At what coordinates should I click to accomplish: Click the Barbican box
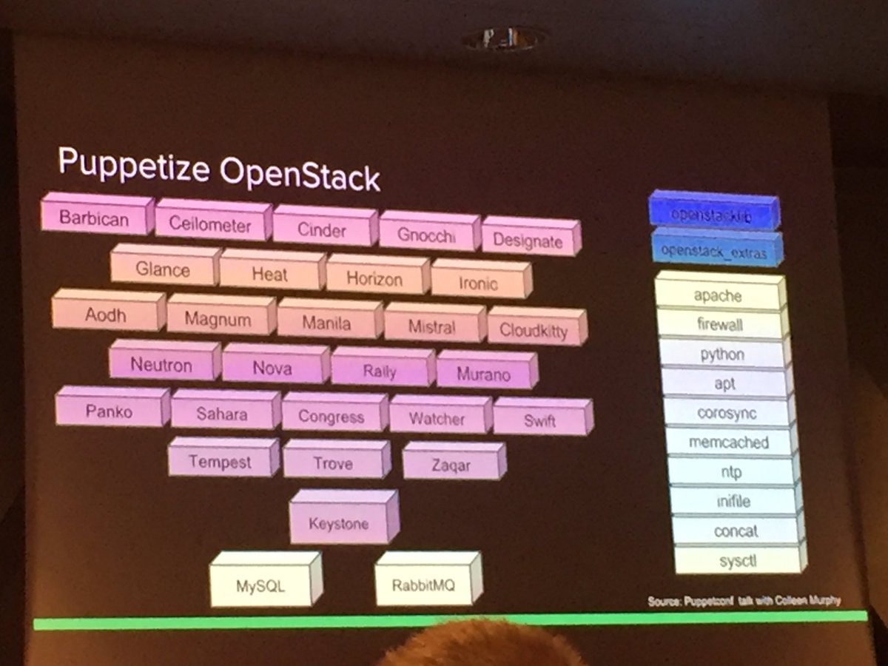pos(94,218)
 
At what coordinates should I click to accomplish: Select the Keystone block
pos(338,523)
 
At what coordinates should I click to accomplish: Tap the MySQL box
pos(260,586)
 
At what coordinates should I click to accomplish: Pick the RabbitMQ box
pos(424,586)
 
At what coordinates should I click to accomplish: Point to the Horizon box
pos(374,279)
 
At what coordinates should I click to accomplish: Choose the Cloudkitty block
pos(533,329)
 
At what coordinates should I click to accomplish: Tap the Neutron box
pos(161,365)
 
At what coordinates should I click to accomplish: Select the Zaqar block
pos(451,465)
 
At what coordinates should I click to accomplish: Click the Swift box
pos(539,421)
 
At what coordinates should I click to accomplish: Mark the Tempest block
pos(220,462)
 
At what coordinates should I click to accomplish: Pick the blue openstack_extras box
pos(713,252)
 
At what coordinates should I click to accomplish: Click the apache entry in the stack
pos(717,296)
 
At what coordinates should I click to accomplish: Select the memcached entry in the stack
pos(729,443)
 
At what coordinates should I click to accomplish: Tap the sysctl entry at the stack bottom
pos(737,561)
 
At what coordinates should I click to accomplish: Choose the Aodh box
pos(106,315)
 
